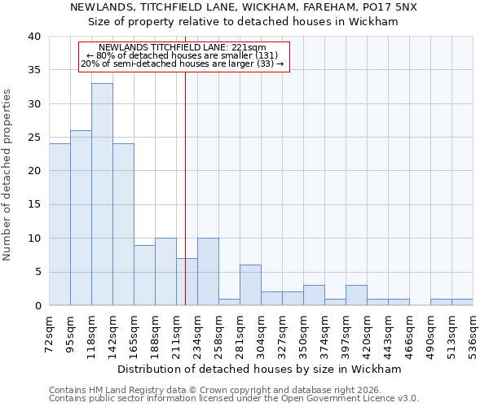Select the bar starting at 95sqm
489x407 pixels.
click(x=81, y=217)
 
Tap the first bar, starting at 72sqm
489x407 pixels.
click(x=59, y=224)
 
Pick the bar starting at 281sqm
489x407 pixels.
click(x=250, y=285)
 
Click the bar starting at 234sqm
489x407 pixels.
click(x=208, y=272)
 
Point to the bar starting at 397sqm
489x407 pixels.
click(x=356, y=295)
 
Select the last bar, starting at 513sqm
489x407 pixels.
click(x=462, y=302)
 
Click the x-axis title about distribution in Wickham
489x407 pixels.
click(x=259, y=369)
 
